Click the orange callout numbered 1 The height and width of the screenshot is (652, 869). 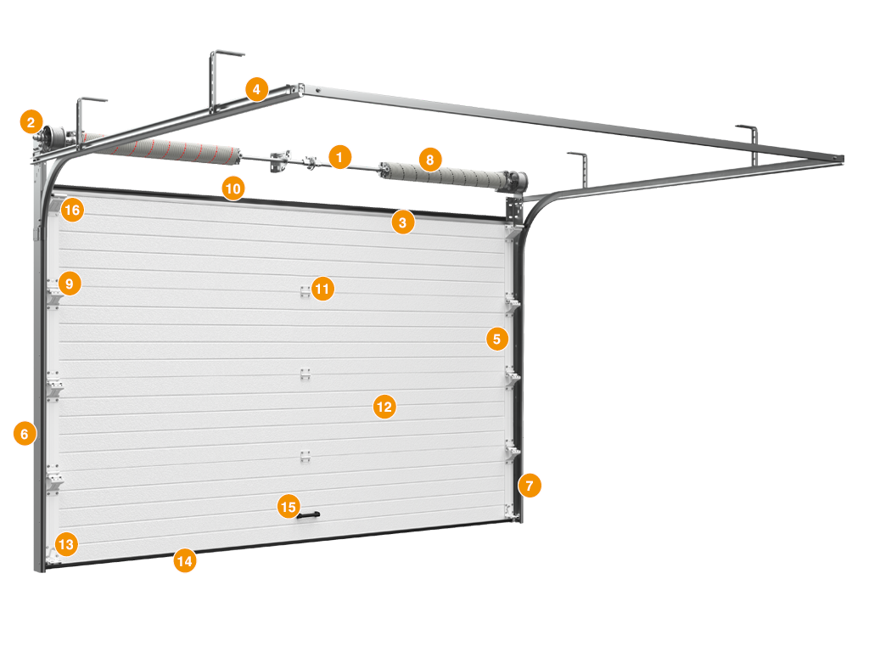coord(339,157)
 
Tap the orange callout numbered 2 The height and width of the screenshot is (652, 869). coord(31,122)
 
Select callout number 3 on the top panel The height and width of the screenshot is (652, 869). coord(403,223)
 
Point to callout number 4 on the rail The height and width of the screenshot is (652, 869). coord(256,89)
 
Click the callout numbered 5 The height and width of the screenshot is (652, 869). coord(497,339)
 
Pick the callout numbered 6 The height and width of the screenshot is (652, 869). coord(25,434)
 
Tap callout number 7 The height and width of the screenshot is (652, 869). coord(530,486)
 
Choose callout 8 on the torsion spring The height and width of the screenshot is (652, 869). coord(430,160)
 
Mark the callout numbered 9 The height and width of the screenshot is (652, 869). coord(70,284)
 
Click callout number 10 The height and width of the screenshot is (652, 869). coord(233,188)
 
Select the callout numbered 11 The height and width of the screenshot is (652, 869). coord(322,289)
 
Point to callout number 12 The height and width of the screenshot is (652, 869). coord(384,407)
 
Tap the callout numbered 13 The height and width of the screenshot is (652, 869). coord(66,544)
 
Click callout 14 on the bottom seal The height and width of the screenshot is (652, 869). coord(184,561)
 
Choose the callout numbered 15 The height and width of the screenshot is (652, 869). coord(289,507)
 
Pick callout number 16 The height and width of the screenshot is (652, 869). coord(72,211)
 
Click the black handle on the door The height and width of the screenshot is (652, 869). coord(309,515)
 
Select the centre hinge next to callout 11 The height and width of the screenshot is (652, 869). coord(305,292)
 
